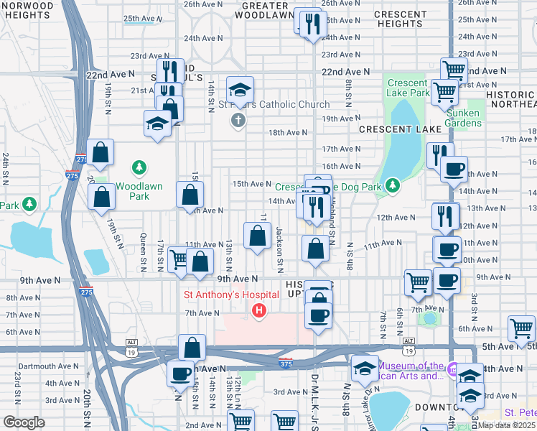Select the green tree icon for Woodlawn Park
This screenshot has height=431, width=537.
pos(139,168)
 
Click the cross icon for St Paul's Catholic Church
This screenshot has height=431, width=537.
pos(238,119)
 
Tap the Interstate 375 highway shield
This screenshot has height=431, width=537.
pos(286,362)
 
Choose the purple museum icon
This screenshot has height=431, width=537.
pos(452,370)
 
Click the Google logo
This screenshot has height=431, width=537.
pos(23,422)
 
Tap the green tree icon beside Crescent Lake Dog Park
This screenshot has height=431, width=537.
pos(392,186)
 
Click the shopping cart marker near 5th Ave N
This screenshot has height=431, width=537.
pos(521,328)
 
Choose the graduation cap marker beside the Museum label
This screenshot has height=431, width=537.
pos(365,369)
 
